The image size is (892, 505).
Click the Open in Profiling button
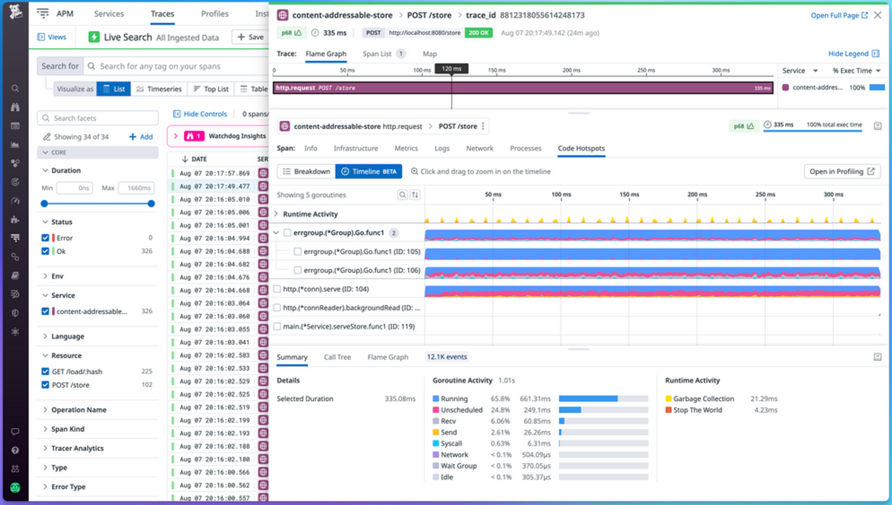(x=841, y=172)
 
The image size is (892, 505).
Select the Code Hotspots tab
(x=581, y=149)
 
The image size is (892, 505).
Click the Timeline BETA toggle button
(x=368, y=172)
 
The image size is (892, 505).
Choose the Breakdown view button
(x=306, y=172)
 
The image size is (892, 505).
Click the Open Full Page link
(x=839, y=15)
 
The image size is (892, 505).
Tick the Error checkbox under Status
(x=45, y=238)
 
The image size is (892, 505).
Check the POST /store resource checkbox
(x=45, y=385)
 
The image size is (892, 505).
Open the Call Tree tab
(x=337, y=357)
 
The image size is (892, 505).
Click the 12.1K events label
(x=447, y=357)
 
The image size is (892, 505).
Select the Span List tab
(x=377, y=54)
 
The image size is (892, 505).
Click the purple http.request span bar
(x=522, y=87)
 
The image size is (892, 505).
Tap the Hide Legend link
(x=853, y=54)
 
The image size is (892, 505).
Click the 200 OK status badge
(x=478, y=33)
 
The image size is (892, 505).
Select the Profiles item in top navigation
(x=215, y=14)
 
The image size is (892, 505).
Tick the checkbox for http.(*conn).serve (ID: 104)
(x=277, y=289)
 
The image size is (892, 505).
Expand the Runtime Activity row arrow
(x=277, y=214)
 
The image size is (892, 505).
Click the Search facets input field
(x=99, y=118)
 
